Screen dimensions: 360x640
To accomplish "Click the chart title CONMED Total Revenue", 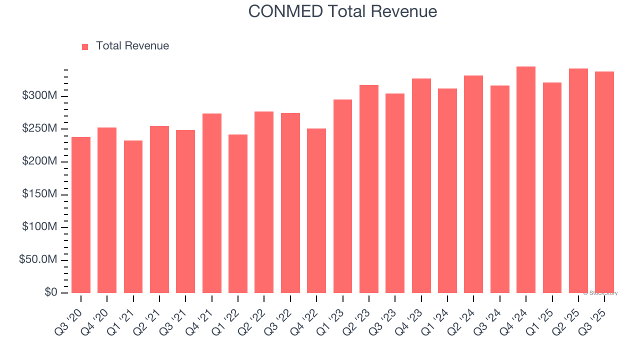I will click(x=342, y=11).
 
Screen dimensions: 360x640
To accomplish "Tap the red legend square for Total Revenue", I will click(x=85, y=46).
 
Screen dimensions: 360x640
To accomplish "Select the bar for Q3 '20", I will click(x=81, y=215).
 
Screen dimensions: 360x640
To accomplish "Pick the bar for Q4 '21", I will click(x=211, y=203).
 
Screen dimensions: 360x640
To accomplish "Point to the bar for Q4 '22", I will click(x=316, y=210).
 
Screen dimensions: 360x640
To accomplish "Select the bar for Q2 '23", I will click(x=368, y=189).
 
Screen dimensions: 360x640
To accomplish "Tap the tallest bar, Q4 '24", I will click(x=526, y=179).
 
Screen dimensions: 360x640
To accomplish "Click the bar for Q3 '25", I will click(x=604, y=182).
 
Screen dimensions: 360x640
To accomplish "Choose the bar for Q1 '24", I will click(x=447, y=190).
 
